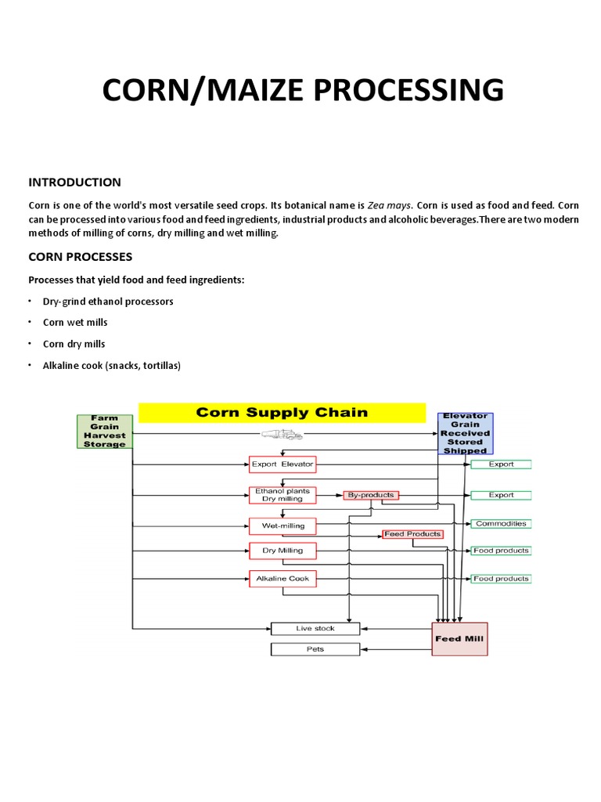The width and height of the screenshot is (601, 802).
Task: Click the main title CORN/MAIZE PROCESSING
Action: point(304,89)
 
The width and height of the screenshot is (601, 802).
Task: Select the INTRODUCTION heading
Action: point(75,182)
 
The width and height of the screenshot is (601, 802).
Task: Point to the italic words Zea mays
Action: point(390,204)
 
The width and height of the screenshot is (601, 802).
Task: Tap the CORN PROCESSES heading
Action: point(81,257)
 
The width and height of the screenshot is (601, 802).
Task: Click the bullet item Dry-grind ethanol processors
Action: point(108,302)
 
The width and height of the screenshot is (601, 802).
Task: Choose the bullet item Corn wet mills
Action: point(75,323)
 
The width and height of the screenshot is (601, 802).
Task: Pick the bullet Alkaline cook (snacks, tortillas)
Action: point(111,366)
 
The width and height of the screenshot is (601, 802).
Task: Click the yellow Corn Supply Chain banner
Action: point(282,413)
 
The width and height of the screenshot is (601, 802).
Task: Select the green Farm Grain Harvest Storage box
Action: point(104,432)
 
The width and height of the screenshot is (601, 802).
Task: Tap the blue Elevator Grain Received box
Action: point(466,434)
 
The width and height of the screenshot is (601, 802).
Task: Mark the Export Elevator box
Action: point(283,464)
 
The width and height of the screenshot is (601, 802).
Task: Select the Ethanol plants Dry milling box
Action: point(283,495)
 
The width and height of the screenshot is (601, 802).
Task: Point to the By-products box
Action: point(371,495)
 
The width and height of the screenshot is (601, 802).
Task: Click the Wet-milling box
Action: point(283,526)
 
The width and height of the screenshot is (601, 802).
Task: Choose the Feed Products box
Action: point(412,534)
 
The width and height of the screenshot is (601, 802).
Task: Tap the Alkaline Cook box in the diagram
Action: point(283,579)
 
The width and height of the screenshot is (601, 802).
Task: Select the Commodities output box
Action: point(501,523)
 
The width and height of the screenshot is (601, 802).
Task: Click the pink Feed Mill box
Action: point(459,639)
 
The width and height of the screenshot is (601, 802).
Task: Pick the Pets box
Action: point(315,649)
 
